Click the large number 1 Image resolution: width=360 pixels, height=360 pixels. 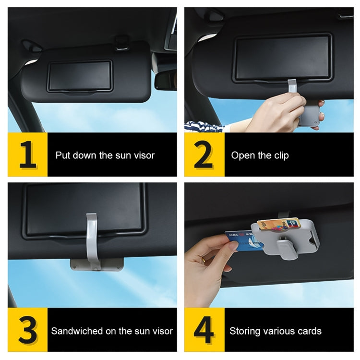point(27,155)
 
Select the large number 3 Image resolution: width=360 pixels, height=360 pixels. point(27,330)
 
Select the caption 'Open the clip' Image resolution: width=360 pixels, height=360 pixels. point(260,155)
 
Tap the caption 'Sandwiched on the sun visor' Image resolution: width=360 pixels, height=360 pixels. point(112,331)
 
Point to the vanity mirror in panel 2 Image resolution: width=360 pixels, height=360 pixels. point(282,56)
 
